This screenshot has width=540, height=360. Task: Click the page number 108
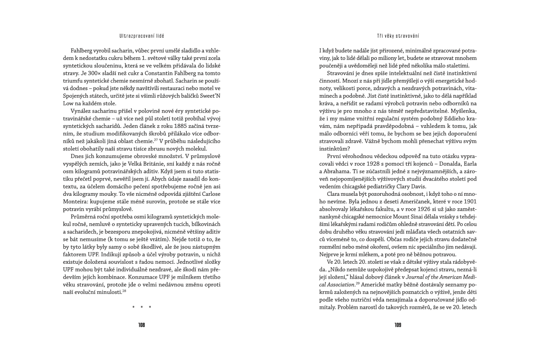tap(142, 324)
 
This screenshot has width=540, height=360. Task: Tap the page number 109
tap(398, 324)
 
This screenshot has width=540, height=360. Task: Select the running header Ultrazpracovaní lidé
tap(142, 35)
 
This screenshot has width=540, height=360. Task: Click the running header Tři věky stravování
tap(398, 35)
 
